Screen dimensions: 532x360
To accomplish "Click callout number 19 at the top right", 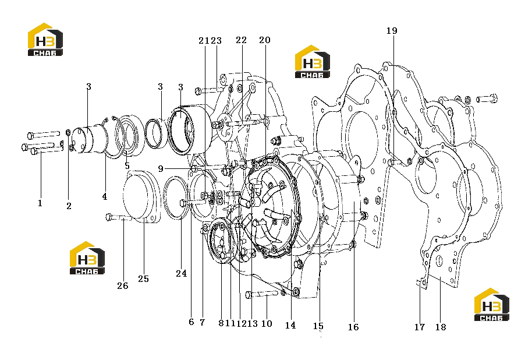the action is coord(392,30).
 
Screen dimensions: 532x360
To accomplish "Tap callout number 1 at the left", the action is coord(40,203).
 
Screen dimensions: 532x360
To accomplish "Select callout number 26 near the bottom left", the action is coord(123,286).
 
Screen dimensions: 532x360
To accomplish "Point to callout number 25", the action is coord(144,279).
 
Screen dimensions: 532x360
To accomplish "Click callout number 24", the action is coord(182,273).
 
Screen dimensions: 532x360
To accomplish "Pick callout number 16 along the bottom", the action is coord(353,327).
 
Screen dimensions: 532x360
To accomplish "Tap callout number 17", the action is coord(420,327).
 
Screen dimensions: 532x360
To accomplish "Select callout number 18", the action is coord(441,327).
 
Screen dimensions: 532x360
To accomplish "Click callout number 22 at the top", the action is coord(241,40).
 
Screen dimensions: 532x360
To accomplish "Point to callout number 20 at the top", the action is coord(265,40).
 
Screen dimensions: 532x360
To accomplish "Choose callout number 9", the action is coord(161,168).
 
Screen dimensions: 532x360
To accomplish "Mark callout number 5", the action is coord(127,166).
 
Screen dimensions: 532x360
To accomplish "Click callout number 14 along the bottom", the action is coord(290,326).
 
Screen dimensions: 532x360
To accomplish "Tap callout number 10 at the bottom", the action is coord(267,324).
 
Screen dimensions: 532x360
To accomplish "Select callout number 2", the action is coord(69,206).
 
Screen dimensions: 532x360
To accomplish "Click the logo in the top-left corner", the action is coord(45,40).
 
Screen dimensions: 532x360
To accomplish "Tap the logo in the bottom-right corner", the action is coord(492,305).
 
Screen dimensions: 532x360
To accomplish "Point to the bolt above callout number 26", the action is coord(119,217).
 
